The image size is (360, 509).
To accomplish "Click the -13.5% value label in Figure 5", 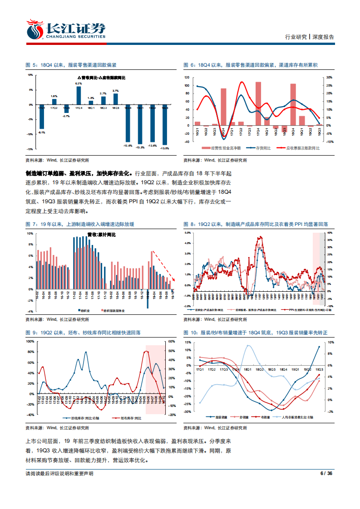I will (x=164, y=148).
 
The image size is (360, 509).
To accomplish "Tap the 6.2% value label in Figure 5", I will (x=79, y=83).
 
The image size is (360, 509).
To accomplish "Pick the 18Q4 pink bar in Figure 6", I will (x=293, y=104).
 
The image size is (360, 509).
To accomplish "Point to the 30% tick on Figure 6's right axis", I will (x=330, y=78).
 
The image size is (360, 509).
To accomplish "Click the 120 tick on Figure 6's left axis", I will (x=187, y=78).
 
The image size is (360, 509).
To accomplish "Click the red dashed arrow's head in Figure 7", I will (x=173, y=277).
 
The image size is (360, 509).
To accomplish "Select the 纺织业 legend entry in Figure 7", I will (x=84, y=312).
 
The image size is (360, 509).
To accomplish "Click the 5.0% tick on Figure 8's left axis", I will (x=187, y=233).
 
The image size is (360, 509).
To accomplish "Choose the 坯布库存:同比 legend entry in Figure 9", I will (x=131, y=420).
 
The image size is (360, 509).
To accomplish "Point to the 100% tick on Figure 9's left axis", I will (x=31, y=341).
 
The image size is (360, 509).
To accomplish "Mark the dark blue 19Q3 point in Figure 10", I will (x=319, y=347).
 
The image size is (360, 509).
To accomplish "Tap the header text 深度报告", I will (x=323, y=37).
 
